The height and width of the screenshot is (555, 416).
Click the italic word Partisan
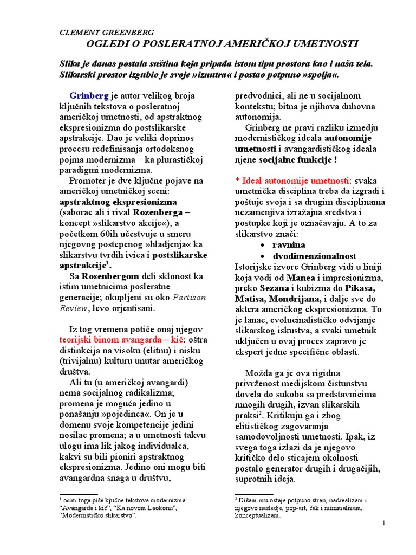189,297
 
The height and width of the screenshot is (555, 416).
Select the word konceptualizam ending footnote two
257,516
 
